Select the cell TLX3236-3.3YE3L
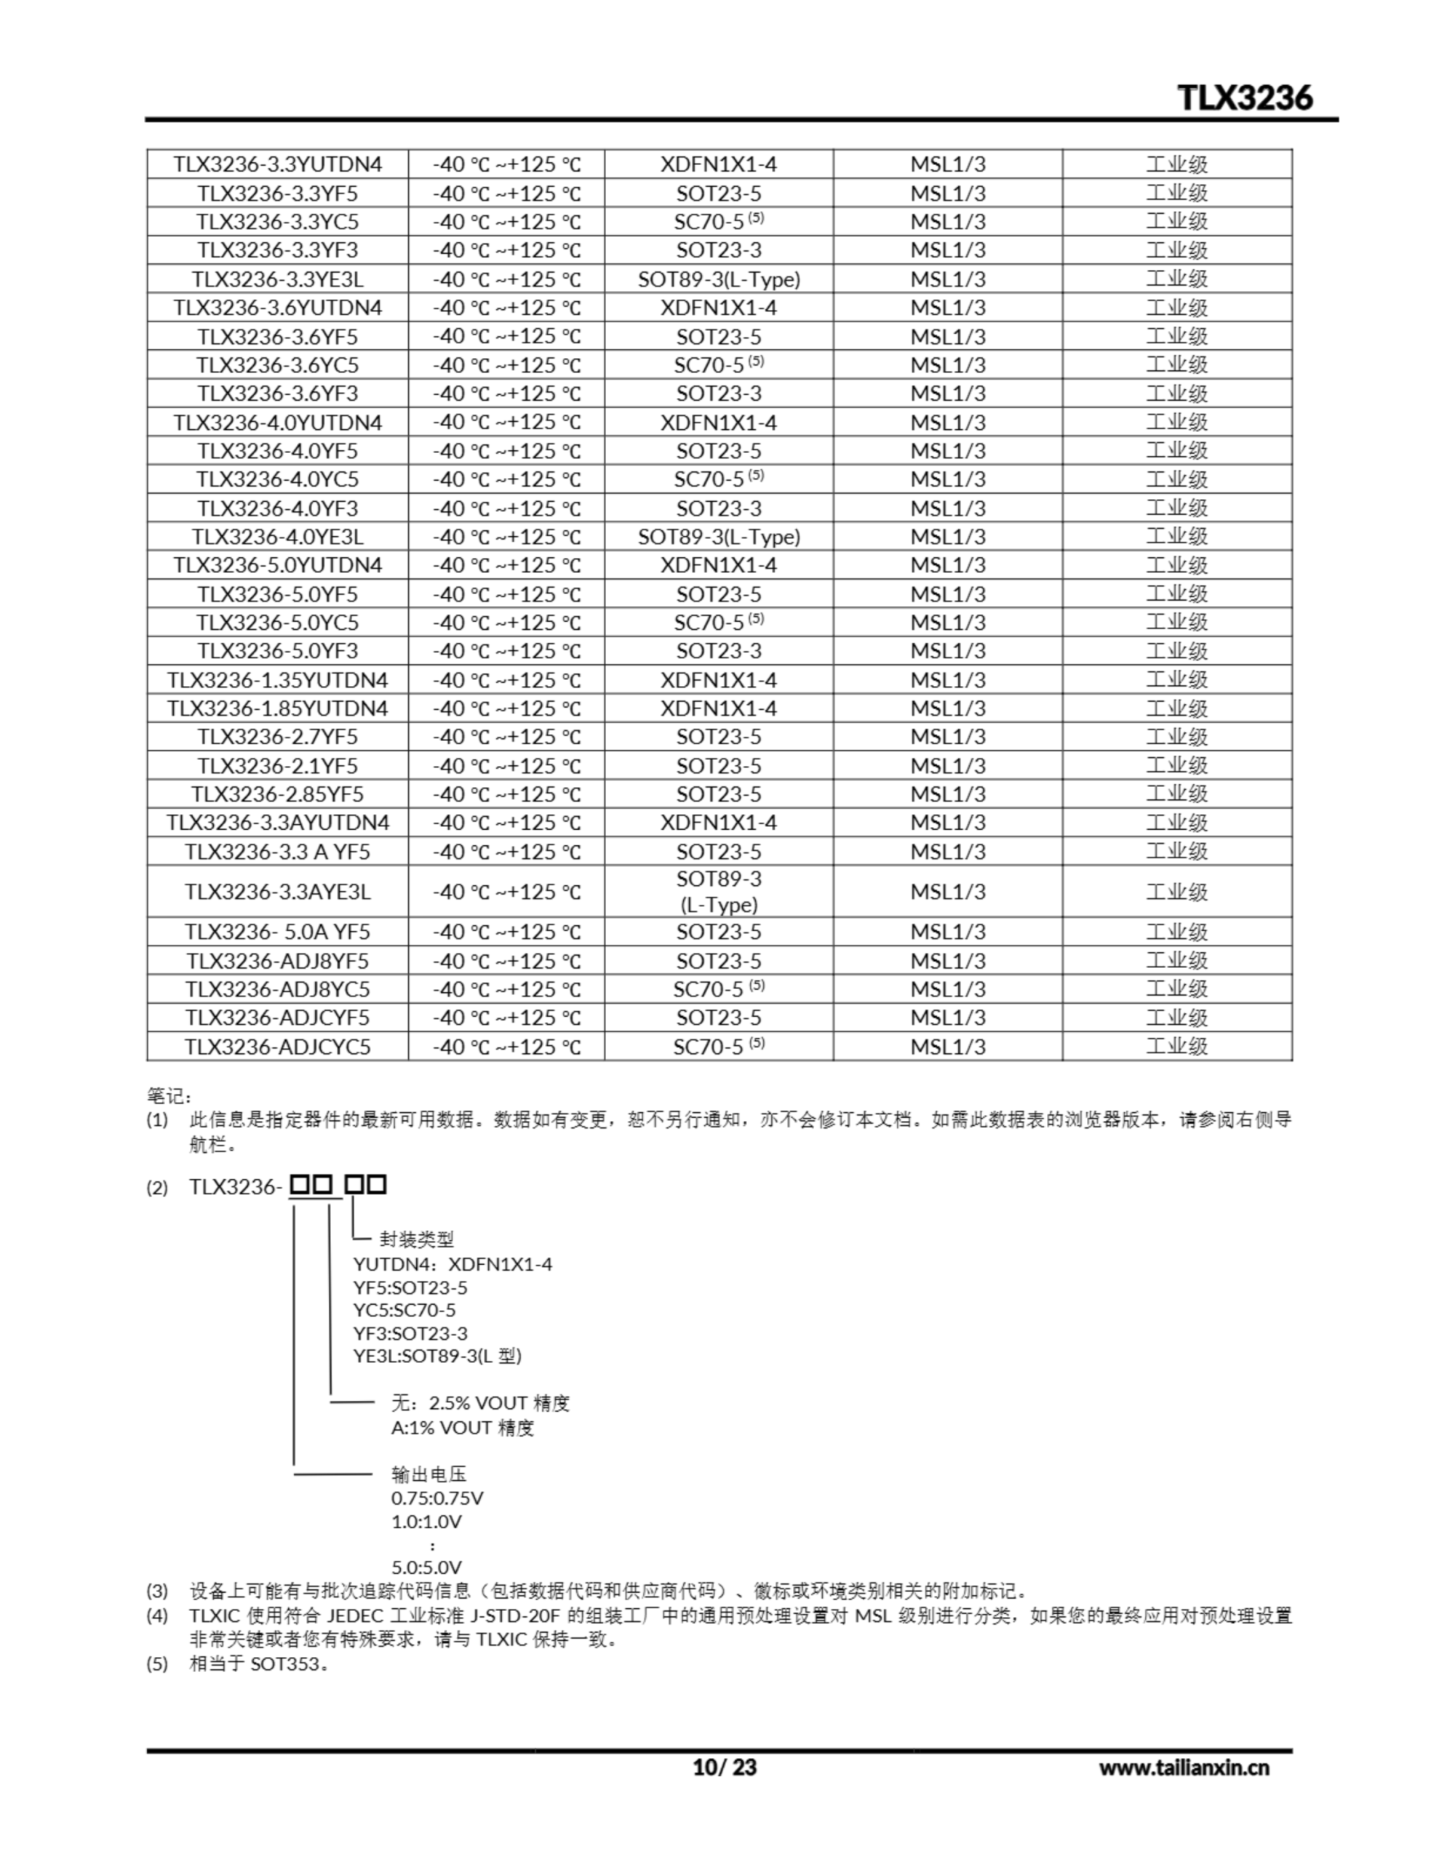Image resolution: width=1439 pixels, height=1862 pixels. (277, 279)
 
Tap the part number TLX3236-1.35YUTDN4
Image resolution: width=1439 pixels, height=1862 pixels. (277, 679)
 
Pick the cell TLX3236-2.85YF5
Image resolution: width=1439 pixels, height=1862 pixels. (277, 794)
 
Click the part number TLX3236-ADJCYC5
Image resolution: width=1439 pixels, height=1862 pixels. (277, 1046)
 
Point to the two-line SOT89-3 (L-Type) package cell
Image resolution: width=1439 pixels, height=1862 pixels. (718, 891)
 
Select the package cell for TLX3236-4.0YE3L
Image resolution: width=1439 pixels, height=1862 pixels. (718, 536)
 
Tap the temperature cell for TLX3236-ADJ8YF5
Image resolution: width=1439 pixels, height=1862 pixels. (506, 961)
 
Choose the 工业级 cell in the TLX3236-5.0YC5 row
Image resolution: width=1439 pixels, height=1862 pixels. (1176, 623)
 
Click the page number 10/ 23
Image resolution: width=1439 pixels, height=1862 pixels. (724, 1767)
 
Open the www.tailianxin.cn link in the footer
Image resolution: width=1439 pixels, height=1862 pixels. (1183, 1767)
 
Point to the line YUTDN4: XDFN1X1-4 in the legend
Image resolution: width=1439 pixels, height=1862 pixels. (452, 1263)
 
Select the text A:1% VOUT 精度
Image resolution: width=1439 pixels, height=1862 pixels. (462, 1427)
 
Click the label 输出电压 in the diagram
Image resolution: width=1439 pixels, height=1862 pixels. (429, 1474)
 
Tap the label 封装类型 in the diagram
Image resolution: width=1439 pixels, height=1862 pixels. (417, 1239)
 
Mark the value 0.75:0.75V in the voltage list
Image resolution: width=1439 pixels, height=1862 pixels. (437, 1498)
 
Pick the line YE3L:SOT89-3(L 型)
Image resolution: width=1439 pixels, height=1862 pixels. (437, 1356)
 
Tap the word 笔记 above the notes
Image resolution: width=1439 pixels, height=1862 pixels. (168, 1095)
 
